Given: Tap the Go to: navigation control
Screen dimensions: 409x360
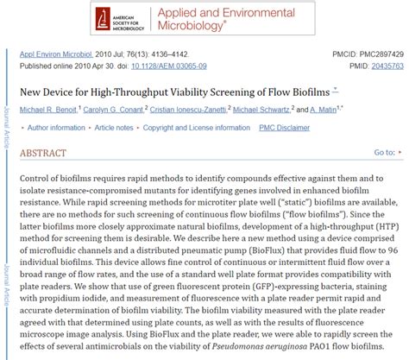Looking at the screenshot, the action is click(384, 153).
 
